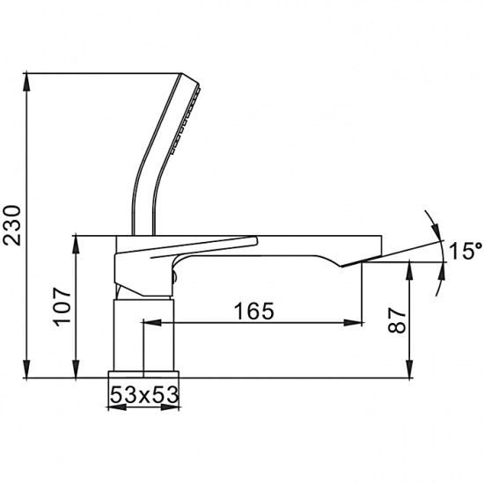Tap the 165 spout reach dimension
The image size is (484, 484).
coord(254,310)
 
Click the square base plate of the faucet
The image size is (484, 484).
coord(143,375)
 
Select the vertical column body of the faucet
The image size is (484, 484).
coord(145,333)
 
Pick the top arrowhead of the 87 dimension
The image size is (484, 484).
coord(410,268)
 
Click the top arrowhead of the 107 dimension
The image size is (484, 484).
coord(77,240)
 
